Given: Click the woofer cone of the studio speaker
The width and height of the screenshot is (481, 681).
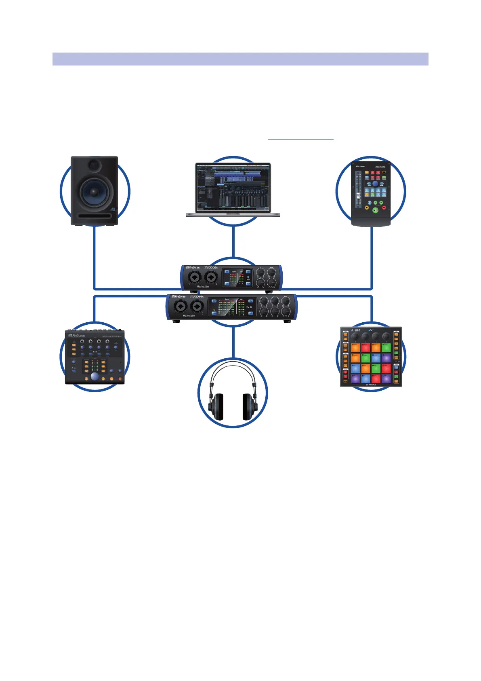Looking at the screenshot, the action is tap(94, 192).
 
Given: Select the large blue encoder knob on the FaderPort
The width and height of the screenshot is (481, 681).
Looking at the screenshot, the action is tap(375, 184).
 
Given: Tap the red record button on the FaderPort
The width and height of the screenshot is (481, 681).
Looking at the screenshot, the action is tap(384, 208).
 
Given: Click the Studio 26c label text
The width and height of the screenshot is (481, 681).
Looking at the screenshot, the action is tap(211, 267).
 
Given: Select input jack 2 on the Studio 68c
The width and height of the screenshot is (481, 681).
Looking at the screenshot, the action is tap(197, 306).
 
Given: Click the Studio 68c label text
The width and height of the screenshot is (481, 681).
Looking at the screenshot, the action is tap(197, 297).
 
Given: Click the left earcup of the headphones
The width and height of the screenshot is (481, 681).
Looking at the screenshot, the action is tap(215, 407).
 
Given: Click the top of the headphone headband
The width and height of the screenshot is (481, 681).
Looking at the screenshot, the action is tap(233, 365).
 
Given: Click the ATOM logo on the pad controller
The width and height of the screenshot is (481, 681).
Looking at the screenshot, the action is tap(355, 330).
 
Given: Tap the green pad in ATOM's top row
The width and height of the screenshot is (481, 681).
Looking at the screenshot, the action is tap(386, 348).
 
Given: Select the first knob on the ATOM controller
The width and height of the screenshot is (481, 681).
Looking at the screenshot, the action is tap(355, 336).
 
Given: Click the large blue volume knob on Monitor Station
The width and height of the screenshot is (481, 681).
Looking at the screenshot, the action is tap(95, 376).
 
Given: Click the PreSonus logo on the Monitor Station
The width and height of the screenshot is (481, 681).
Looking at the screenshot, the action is tap(77, 335).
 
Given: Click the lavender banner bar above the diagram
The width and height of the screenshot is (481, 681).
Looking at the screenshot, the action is tap(240, 59).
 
